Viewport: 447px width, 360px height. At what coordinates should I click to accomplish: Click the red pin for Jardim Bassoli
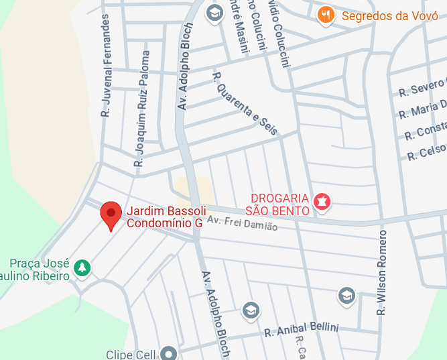[111, 215]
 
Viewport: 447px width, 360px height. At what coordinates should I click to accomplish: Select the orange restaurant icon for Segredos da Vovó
[326, 15]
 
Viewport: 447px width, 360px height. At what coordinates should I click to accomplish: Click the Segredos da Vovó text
[380, 15]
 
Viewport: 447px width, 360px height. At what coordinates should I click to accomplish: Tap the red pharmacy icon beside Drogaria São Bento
[323, 200]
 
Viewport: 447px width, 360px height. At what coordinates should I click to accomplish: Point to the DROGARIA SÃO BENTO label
[279, 204]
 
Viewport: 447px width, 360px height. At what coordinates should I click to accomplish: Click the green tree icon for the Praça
[82, 267]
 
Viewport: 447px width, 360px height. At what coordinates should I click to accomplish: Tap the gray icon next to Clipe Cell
[168, 353]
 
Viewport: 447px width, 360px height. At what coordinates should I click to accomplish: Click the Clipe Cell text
[131, 354]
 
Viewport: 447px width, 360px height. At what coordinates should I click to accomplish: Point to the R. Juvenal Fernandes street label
[105, 66]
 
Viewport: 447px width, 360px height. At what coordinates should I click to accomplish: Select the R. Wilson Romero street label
[382, 272]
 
